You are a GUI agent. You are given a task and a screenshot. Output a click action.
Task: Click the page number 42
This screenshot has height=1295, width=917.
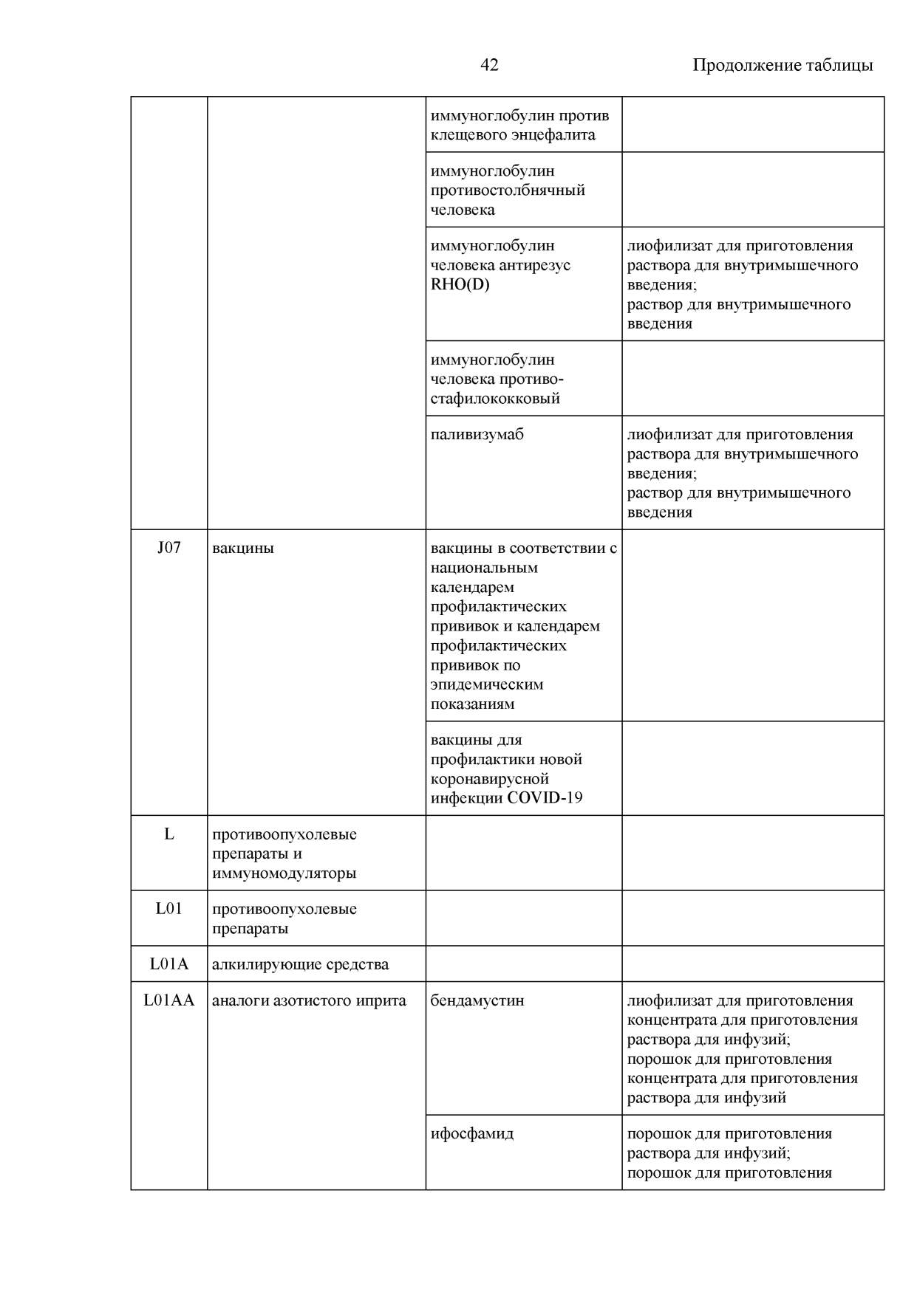coord(489,65)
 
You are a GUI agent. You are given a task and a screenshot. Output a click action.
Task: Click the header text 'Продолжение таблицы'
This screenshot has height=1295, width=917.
coord(782,65)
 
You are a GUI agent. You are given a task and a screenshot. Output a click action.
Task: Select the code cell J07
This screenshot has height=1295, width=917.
coord(169,548)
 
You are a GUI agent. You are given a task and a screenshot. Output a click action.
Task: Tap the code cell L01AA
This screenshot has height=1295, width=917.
coord(169,1000)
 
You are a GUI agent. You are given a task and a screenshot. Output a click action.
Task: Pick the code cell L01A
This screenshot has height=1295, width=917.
coord(169,964)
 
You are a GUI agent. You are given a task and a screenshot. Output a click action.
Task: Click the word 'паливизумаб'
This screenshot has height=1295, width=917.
coord(477,434)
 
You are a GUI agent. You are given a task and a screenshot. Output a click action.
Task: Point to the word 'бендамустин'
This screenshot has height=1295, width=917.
coord(477,1000)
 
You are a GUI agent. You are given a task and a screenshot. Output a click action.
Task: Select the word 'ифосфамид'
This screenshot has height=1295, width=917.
coord(472,1133)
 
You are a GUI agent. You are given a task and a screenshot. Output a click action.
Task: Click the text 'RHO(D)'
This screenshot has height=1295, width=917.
coord(460,284)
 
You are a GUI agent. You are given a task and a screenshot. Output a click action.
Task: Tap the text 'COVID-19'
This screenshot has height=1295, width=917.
coord(545,798)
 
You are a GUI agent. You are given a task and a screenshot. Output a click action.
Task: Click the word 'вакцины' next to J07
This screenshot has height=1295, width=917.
coord(243,548)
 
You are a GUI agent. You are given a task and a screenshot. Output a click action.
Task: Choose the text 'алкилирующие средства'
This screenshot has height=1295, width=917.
coord(300,964)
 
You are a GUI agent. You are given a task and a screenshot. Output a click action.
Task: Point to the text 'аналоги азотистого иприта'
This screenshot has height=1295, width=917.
coord(309,1000)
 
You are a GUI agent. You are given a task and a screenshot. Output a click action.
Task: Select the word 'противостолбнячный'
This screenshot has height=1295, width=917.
coord(508,190)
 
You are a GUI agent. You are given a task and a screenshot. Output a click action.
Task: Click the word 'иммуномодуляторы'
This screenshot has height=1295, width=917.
coord(284,873)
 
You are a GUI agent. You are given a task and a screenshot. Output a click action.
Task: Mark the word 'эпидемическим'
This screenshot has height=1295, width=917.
coord(487,684)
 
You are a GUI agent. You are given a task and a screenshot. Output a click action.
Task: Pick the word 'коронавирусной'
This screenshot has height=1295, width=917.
coord(490,779)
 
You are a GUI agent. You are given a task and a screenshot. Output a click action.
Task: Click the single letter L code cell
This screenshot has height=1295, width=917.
coord(169,834)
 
